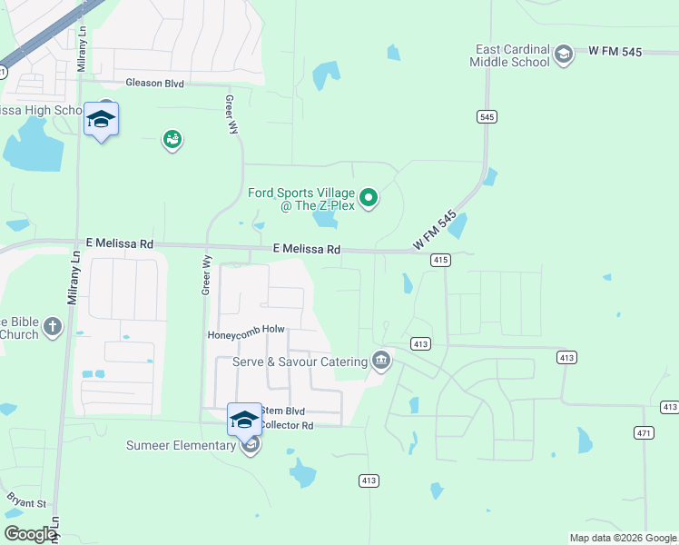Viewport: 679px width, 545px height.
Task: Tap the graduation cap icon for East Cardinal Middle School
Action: [x=564, y=54]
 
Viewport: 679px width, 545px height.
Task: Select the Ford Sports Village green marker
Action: [x=369, y=197]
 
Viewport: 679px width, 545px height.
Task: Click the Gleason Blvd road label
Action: [x=154, y=83]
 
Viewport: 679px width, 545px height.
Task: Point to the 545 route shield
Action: [x=487, y=116]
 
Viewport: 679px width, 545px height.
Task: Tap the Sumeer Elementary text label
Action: [x=181, y=445]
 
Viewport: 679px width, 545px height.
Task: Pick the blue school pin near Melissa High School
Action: [x=101, y=121]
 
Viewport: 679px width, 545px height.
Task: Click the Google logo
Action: [x=30, y=534]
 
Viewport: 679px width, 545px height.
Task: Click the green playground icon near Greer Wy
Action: [x=172, y=139]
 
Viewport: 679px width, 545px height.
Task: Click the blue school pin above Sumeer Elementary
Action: [x=244, y=420]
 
